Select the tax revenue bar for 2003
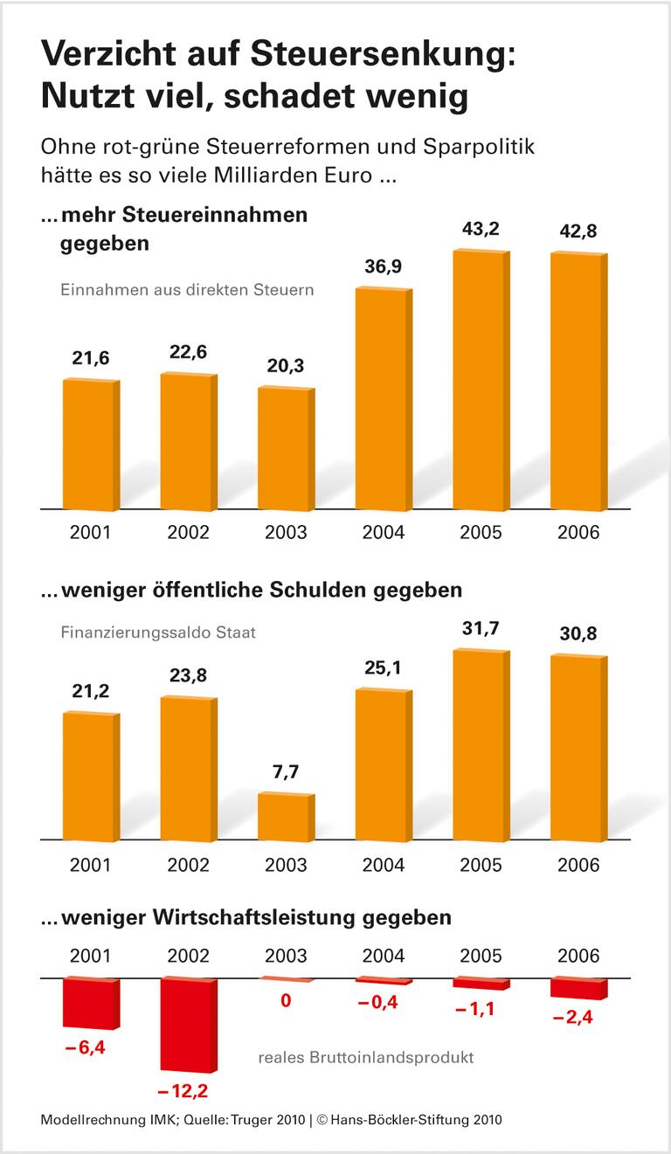pos(285,448)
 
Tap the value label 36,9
pos(383,267)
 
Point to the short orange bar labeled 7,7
pos(285,818)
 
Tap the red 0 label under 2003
pos(285,1001)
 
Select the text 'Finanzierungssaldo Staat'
pos(158,632)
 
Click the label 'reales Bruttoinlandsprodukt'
pos(366,1058)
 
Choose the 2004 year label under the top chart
pos(383,532)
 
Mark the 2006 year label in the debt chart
pos(578,865)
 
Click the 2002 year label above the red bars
pos(187,956)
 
